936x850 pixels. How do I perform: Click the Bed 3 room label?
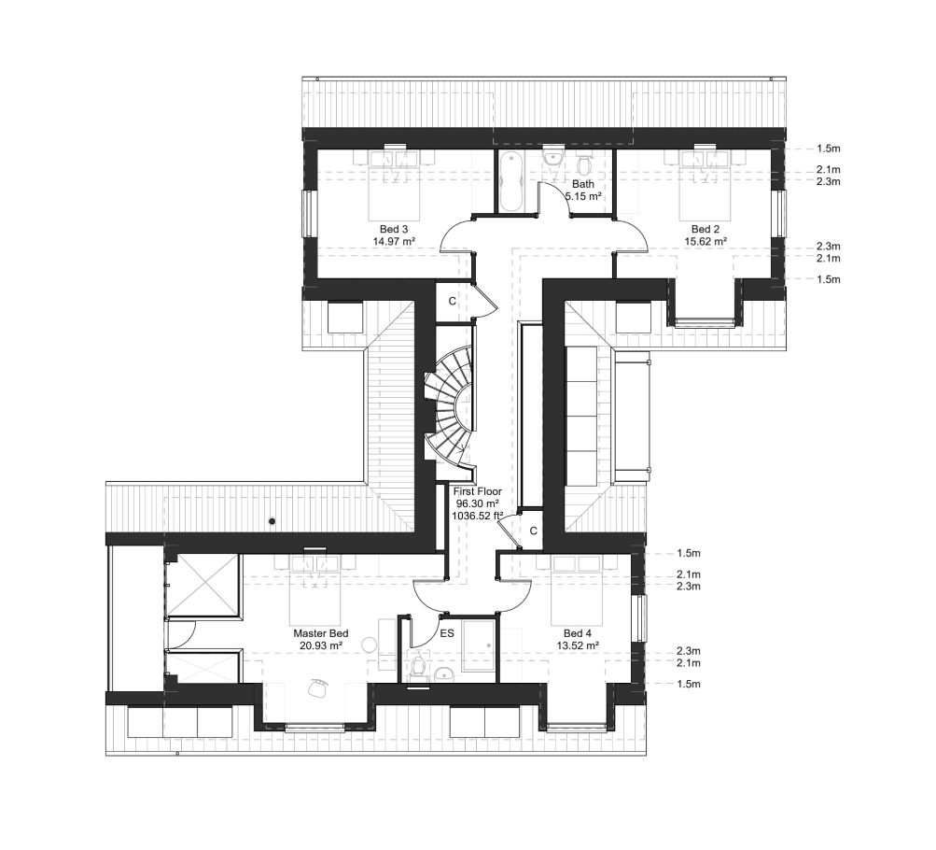tap(393, 229)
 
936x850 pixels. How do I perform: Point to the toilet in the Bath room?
tap(584, 166)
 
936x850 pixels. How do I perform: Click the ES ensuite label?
tap(447, 633)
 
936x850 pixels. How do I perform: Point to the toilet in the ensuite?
tap(417, 667)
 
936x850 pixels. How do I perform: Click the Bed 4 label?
tap(576, 632)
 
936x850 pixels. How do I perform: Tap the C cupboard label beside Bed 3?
tap(452, 301)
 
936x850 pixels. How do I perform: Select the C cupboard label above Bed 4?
tap(533, 531)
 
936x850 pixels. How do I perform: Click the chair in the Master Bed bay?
tap(317, 688)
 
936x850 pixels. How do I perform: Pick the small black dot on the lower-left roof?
tap(272, 520)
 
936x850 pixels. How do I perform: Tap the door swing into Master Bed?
tap(435, 594)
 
